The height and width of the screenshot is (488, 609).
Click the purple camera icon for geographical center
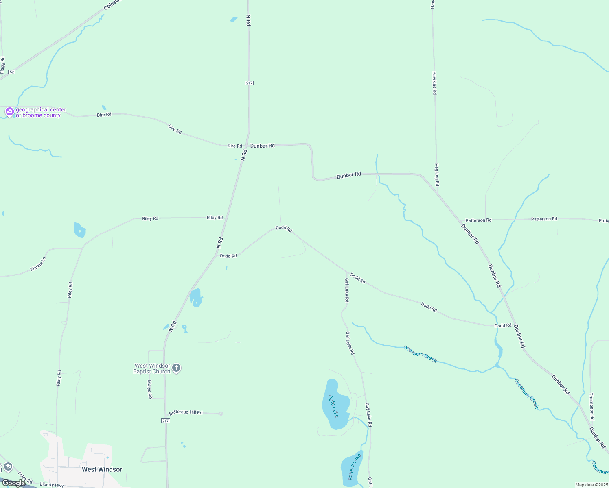[9, 111]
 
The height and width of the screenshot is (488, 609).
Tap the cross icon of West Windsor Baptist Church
[176, 368]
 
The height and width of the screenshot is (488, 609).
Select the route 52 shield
[12, 72]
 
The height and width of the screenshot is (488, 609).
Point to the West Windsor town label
[102, 469]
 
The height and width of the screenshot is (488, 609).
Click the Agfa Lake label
[334, 406]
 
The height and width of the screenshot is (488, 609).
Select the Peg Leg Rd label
[436, 175]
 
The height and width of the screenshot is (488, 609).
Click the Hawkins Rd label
[434, 83]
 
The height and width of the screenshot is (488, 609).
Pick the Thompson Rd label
[591, 407]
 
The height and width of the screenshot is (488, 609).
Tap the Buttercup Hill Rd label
[186, 412]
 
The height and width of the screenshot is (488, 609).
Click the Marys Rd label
[149, 389]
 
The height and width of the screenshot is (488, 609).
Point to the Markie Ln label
[38, 264]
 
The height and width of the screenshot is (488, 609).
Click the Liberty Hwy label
[52, 484]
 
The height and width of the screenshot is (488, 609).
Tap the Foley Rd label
[25, 478]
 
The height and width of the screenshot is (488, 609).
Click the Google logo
[13, 483]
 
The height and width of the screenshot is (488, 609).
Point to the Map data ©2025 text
[591, 485]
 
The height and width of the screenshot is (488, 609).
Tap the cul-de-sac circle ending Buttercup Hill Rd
[221, 414]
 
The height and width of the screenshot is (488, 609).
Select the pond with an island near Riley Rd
[80, 230]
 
